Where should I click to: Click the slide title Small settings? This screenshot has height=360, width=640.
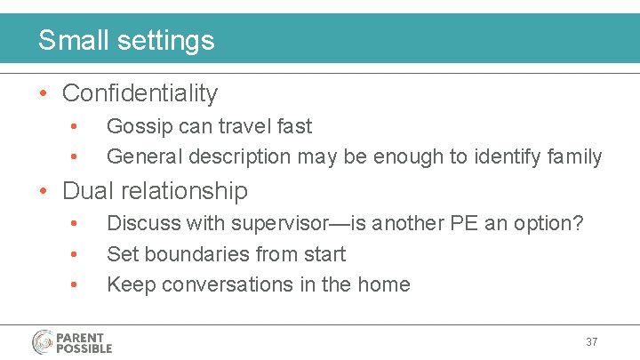[x=126, y=40]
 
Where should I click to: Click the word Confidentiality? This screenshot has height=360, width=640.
[x=140, y=93]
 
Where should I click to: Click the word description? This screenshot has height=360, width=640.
[x=240, y=157]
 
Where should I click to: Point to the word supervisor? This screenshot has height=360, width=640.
[x=272, y=224]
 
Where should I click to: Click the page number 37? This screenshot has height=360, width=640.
[x=592, y=342]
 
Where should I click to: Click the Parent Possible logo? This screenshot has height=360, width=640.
[x=72, y=342]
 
